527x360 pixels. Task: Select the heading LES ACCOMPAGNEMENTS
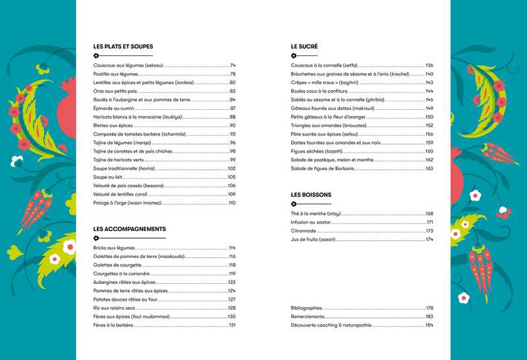129,229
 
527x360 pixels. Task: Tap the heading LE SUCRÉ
304,47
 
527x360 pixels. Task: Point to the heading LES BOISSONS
311,195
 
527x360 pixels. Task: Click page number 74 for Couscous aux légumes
233,66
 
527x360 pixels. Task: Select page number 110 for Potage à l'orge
232,203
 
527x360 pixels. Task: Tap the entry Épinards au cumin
115,108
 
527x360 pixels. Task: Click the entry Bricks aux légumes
114,247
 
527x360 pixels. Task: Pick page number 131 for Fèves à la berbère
232,325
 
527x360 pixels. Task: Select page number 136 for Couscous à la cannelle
429,66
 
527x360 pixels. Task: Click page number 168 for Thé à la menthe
429,214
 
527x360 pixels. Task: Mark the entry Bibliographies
306,308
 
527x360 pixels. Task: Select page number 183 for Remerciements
429,317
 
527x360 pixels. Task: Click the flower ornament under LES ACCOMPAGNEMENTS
96,238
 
